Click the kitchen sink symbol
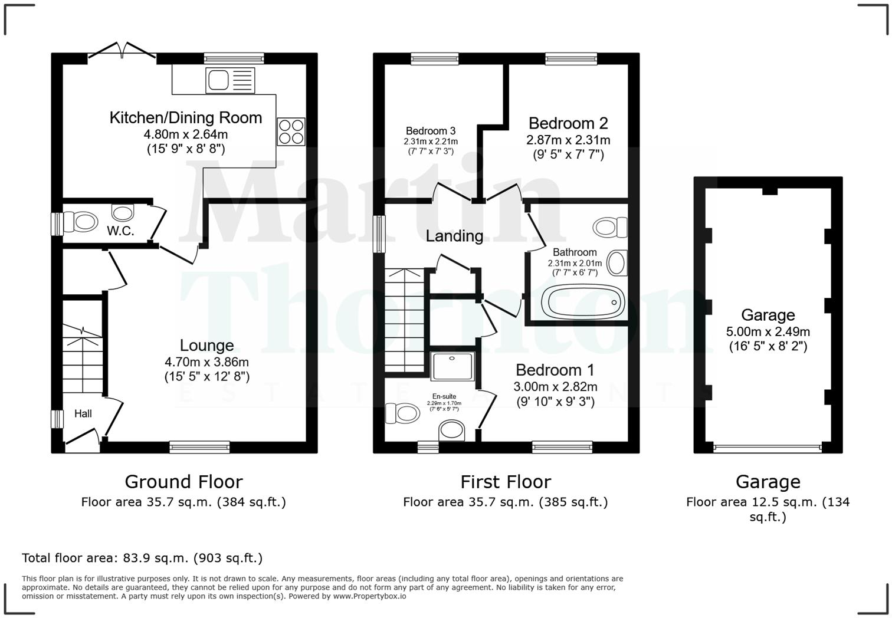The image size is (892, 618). pos(230,80)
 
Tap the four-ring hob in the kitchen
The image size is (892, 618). pos(291,131)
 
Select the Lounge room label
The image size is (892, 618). pos(206,346)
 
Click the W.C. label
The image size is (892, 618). pos(120,231)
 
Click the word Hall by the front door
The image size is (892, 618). pos(83,414)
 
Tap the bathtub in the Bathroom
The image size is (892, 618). pos(585,303)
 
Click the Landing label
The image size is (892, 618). pos(454,236)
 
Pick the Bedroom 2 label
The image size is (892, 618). pos(568,123)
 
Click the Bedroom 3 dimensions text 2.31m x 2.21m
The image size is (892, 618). pos(431,142)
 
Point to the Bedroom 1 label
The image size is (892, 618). pos(555,370)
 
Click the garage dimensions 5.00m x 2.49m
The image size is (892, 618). pos(768,331)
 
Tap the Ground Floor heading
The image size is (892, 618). pos(183,482)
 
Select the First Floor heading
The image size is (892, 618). pos(506,482)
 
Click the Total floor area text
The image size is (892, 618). pos(142,558)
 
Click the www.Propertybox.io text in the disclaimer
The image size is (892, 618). pos(369,596)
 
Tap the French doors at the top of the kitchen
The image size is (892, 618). pos(122,52)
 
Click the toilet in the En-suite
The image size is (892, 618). pos(401,413)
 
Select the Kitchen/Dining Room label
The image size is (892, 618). pos(186,118)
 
